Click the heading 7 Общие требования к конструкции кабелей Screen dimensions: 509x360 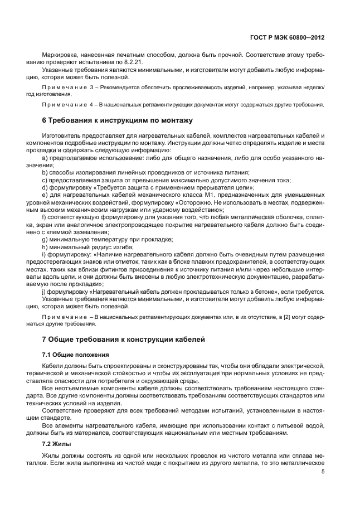click(x=124, y=339)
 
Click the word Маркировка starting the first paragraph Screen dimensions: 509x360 click(x=60, y=56)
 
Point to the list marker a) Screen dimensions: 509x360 click(x=45, y=158)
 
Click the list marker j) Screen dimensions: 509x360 click(x=45, y=292)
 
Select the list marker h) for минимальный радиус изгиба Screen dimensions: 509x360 click(x=45, y=246)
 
